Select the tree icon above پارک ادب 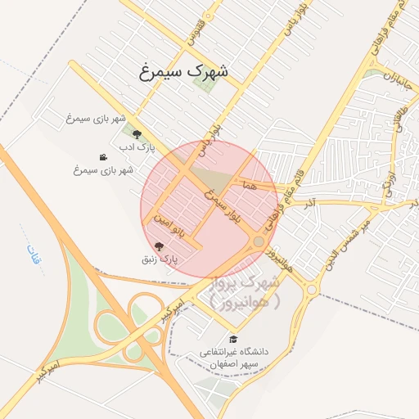(x=137, y=133)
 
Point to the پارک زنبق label (x=160, y=259)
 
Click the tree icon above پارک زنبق (x=159, y=246)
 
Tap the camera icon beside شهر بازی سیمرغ (x=103, y=157)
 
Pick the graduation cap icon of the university (x=233, y=339)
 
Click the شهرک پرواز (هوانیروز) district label (x=245, y=292)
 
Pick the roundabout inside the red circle (x=259, y=241)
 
